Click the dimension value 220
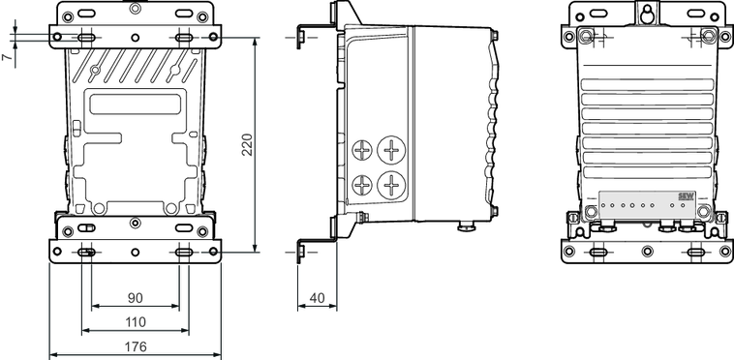coord(247,144)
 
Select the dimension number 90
coord(136,298)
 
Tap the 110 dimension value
coord(136,322)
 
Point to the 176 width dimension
coord(136,346)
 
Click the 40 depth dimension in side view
coord(317,298)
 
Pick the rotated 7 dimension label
coord(6,56)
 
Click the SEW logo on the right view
coord(686,196)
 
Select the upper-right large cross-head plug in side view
coord(391,150)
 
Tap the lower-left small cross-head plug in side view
coord(362,185)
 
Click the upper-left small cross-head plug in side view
coord(362,151)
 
